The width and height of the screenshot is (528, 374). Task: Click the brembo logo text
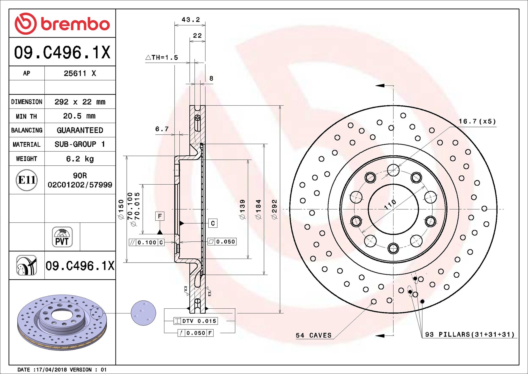75,24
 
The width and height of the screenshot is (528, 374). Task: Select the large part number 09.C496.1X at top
62,52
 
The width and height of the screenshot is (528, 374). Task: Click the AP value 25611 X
80,73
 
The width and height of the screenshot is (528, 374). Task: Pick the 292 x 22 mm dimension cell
80,102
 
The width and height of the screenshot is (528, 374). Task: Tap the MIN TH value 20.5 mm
79,116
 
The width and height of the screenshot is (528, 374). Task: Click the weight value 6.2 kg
80,159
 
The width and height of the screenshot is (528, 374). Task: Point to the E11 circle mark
26,180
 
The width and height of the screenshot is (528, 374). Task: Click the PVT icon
62,237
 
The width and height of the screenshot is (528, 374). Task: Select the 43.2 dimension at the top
191,20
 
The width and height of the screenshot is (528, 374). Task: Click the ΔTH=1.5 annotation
162,58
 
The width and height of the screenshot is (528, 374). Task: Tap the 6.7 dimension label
162,129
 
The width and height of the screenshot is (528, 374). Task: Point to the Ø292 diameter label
274,209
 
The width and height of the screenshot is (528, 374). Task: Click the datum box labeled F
160,216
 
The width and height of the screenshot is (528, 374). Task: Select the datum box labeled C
213,223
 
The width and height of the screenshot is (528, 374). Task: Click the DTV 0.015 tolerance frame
196,321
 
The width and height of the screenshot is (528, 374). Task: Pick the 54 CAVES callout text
314,335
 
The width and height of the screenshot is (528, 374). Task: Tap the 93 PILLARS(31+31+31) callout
470,334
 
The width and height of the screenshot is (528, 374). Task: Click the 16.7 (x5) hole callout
477,122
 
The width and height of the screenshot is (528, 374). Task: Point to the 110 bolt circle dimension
390,204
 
